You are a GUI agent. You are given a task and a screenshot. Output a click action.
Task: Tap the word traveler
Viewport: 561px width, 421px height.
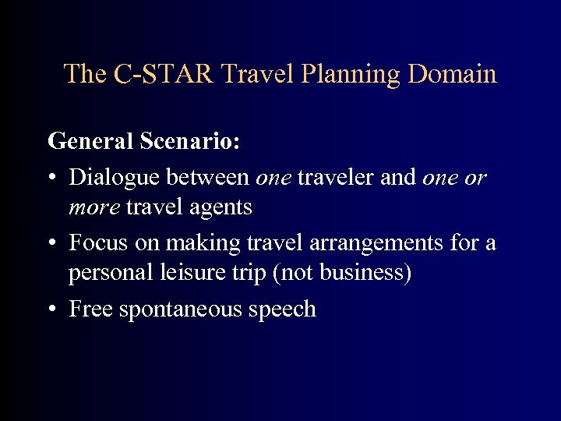click(331, 178)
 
